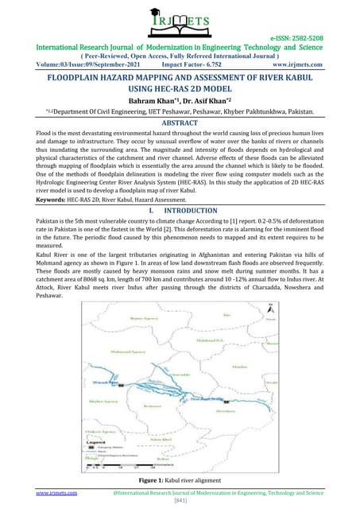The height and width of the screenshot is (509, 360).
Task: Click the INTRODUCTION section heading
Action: [x=187, y=232]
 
